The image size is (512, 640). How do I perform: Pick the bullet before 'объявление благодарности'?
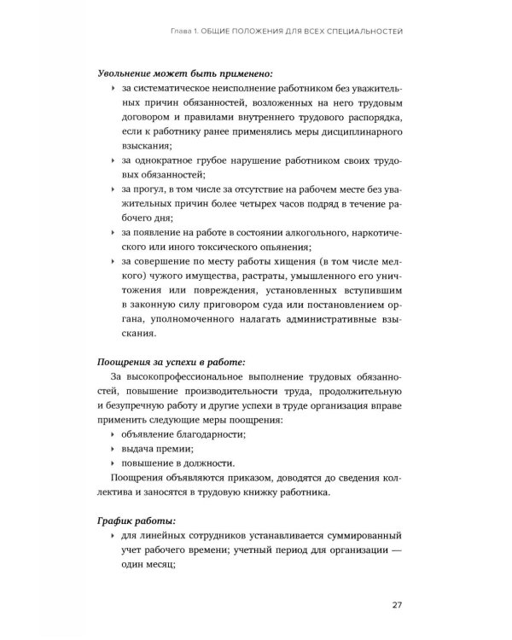[x=113, y=435]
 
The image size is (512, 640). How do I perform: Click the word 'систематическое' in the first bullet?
[x=179, y=94]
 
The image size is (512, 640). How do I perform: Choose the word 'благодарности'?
[x=209, y=435]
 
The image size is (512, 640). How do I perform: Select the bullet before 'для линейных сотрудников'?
[x=113, y=537]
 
